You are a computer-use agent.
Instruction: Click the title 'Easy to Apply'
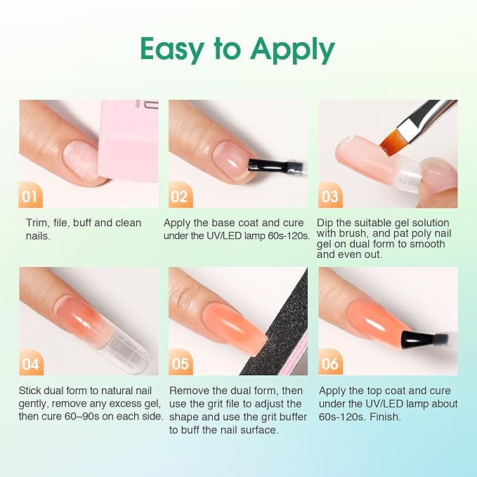pyautogui.click(x=237, y=49)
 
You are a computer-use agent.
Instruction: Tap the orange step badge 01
pyautogui.click(x=30, y=197)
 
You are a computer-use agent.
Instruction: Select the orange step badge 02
pyautogui.click(x=180, y=197)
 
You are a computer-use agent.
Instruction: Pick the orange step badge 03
pyautogui.click(x=329, y=197)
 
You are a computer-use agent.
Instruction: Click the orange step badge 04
pyautogui.click(x=30, y=364)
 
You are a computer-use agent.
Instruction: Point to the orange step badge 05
pyautogui.click(x=180, y=364)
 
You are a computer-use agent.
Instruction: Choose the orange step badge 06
pyautogui.click(x=329, y=364)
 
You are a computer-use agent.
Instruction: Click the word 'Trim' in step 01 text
pyautogui.click(x=35, y=223)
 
